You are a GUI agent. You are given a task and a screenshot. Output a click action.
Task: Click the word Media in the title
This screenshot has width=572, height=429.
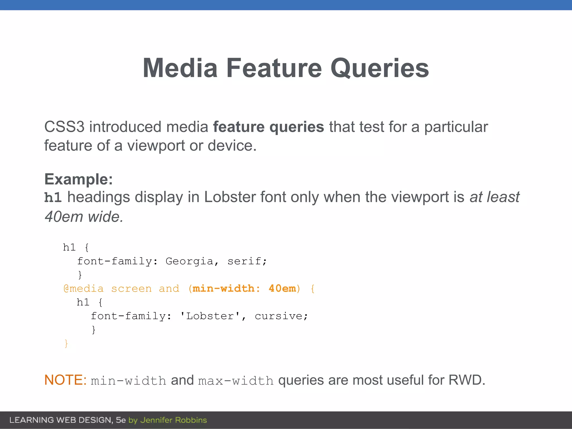point(180,68)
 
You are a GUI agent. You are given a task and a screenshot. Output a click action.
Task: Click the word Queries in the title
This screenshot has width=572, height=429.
point(380,68)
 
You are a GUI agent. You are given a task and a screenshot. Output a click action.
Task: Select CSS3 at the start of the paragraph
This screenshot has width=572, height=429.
point(64,127)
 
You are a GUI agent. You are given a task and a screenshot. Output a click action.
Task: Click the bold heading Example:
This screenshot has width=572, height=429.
point(78,179)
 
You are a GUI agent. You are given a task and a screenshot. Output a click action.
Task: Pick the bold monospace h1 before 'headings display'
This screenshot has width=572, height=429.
point(53,197)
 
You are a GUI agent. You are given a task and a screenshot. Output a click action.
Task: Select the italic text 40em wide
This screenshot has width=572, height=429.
point(84,217)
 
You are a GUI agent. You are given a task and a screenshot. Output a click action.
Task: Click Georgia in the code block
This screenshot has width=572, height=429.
point(189,261)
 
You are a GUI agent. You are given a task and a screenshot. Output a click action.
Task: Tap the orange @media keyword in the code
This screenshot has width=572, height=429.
point(84,289)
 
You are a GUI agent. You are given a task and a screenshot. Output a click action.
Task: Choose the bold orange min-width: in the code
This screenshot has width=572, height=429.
point(226,289)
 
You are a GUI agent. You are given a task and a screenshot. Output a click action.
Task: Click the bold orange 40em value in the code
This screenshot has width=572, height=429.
point(282,289)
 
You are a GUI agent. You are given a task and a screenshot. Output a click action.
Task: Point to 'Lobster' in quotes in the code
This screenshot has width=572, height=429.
point(210,316)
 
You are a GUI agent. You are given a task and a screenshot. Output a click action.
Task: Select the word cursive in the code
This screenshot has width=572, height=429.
point(279,316)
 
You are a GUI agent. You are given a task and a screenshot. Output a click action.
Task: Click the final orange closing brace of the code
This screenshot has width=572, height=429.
point(66,344)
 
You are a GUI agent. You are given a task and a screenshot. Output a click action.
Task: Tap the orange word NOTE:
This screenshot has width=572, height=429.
point(65,380)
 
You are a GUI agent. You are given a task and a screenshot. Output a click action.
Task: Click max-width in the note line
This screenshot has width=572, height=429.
point(236,381)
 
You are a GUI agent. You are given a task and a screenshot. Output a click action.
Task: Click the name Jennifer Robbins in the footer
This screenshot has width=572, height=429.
point(173,420)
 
